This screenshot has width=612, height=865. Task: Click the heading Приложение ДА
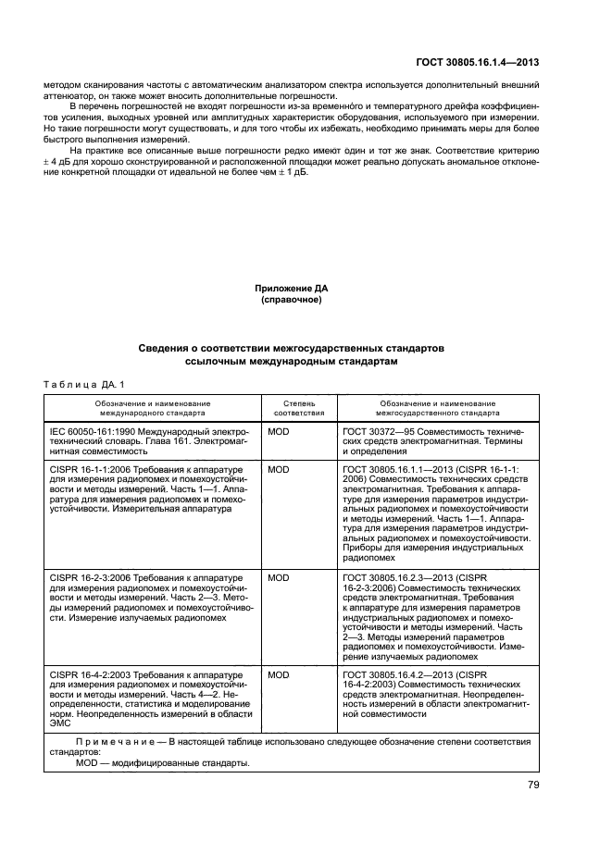point(291,288)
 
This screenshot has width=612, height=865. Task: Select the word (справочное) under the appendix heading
point(291,300)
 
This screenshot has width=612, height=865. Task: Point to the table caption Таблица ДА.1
point(82,383)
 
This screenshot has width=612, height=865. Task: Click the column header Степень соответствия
point(299,408)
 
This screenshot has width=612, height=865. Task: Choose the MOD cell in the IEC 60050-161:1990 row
point(278,432)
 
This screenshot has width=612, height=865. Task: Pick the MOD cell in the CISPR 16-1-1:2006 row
point(278,469)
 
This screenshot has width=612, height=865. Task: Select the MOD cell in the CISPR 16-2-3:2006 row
point(278,578)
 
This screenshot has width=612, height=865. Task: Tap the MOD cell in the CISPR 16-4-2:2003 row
point(278,676)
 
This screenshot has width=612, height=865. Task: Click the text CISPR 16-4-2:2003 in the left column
point(89,676)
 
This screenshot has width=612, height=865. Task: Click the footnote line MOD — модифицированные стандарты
point(162,763)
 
